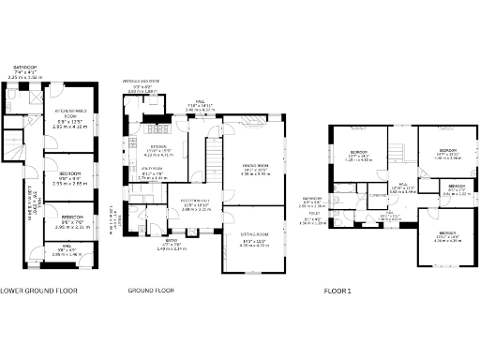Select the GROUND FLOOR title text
(x=151, y=290)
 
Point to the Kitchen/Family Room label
(x=71, y=120)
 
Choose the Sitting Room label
(x=255, y=237)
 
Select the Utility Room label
(x=151, y=172)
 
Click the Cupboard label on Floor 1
(x=378, y=196)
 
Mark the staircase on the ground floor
(x=212, y=155)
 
